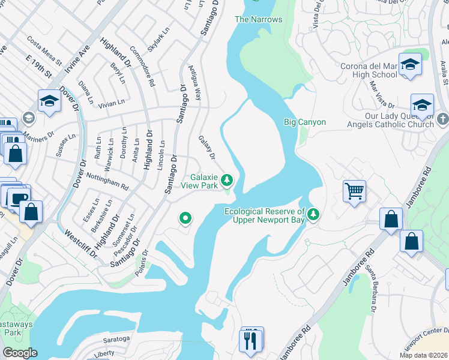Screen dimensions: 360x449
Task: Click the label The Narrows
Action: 258,19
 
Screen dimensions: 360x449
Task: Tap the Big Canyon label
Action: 304,122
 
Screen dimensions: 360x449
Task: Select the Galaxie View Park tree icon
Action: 227,179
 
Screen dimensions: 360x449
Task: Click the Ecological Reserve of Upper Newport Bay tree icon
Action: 313,214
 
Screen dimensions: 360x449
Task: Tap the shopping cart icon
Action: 354,191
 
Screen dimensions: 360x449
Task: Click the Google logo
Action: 20,353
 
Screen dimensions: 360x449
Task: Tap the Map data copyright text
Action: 424,355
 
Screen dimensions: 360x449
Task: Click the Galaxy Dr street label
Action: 207,148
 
